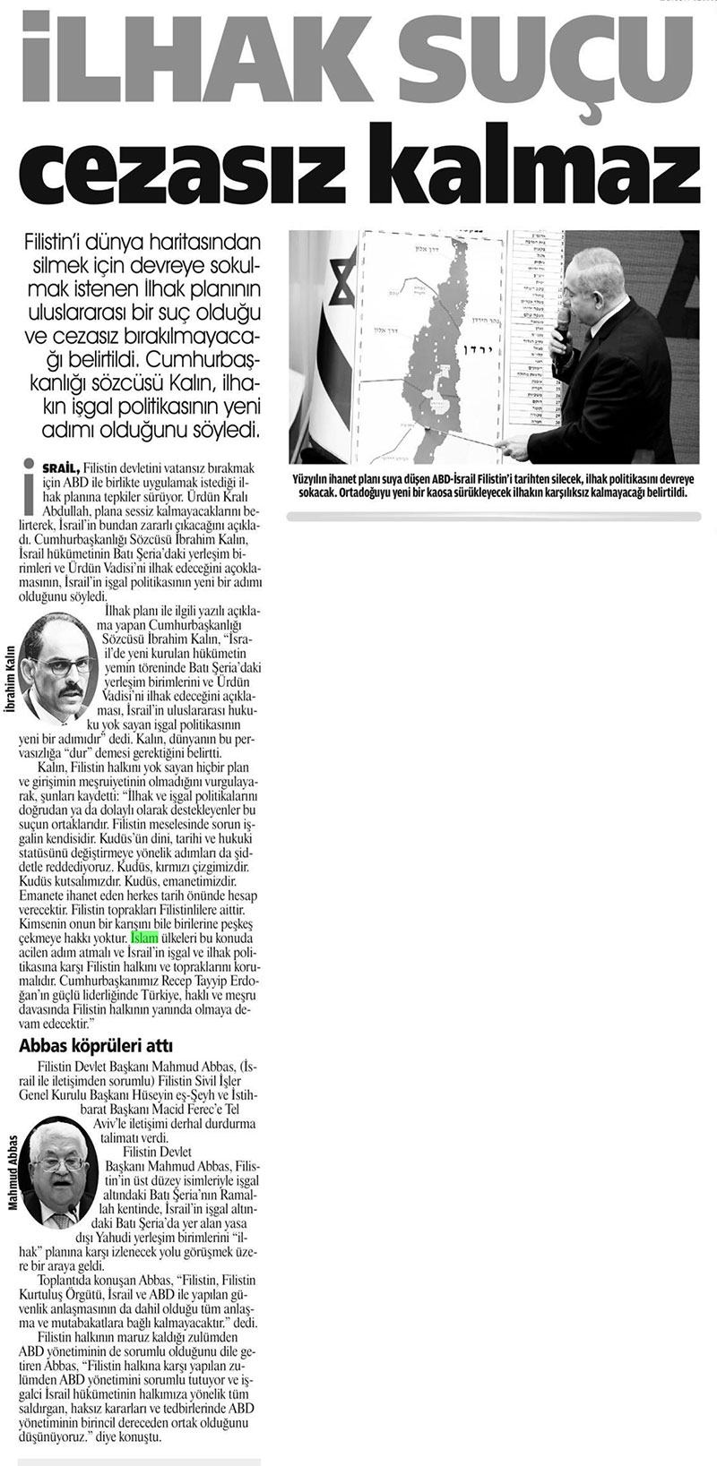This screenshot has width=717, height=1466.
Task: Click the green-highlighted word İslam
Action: point(145,938)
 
